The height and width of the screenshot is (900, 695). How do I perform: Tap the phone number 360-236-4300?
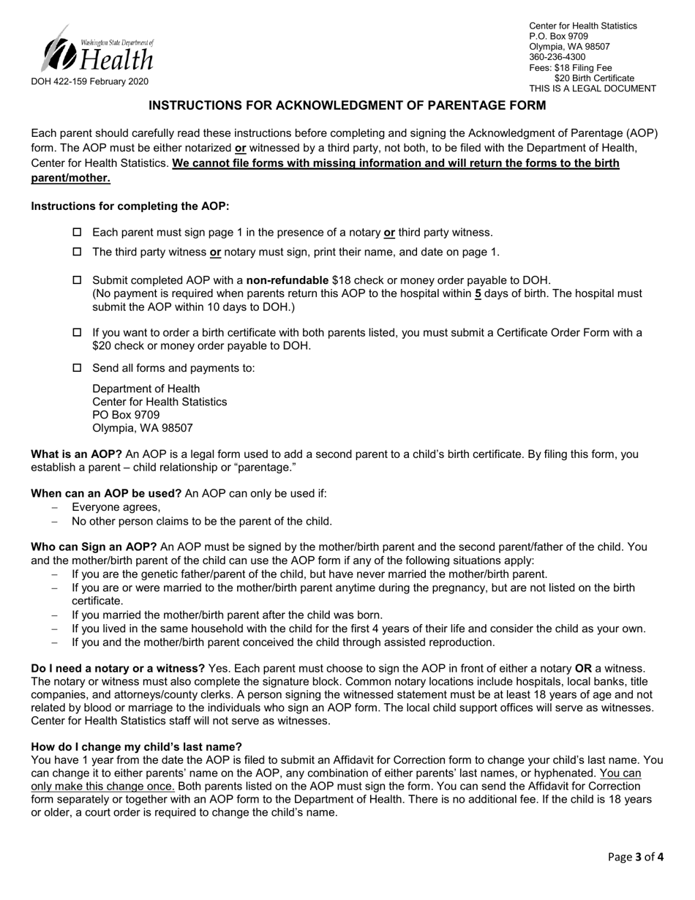click(x=557, y=57)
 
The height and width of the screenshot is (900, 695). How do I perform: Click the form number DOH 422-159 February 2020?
click(x=89, y=82)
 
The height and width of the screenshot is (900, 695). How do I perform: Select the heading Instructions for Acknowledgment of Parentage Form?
click(x=347, y=105)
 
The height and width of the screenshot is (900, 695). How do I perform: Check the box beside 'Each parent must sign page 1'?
click(x=78, y=233)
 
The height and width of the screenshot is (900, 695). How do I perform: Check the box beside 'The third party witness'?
click(x=78, y=252)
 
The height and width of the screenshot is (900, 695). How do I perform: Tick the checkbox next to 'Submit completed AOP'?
click(x=78, y=280)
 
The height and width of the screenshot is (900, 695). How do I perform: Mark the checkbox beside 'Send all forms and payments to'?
click(x=78, y=368)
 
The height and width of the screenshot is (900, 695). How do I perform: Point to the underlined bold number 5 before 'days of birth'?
click(x=478, y=293)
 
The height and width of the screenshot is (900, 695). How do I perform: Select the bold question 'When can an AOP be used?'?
click(x=106, y=493)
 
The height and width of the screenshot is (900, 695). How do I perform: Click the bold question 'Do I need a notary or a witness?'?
click(x=118, y=669)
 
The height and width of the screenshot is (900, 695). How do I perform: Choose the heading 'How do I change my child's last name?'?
click(x=136, y=746)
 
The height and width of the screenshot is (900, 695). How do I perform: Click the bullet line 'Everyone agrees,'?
click(x=116, y=507)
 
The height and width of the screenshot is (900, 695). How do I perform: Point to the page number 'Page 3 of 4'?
click(x=636, y=858)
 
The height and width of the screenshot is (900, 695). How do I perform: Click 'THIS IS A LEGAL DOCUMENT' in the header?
click(x=593, y=89)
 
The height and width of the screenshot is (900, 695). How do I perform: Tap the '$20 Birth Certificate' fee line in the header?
click(x=594, y=78)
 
